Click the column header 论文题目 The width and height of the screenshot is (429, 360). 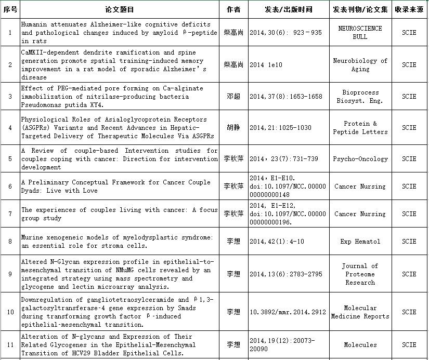pyautogui.click(x=120, y=9)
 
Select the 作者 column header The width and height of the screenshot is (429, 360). pyautogui.click(x=233, y=9)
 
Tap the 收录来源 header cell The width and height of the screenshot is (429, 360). pyautogui.click(x=409, y=9)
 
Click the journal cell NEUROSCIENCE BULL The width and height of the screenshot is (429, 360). pyautogui.click(x=360, y=33)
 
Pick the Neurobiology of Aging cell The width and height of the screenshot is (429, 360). pyautogui.click(x=360, y=64)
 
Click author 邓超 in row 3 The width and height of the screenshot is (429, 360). pyautogui.click(x=233, y=96)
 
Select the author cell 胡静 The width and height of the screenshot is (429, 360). pyautogui.click(x=233, y=127)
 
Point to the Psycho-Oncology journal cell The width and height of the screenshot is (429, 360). pyautogui.click(x=360, y=159)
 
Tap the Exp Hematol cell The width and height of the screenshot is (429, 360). pyautogui.click(x=360, y=242)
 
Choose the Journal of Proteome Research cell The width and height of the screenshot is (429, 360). pyautogui.click(x=360, y=274)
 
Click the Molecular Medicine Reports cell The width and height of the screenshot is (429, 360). pyautogui.click(x=360, y=312)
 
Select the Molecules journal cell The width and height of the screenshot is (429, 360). pyautogui.click(x=360, y=345)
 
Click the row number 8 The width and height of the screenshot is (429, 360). pyautogui.click(x=10, y=242)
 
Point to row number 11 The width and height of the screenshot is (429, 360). pyautogui.click(x=10, y=345)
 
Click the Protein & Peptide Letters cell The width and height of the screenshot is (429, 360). pyautogui.click(x=360, y=128)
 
